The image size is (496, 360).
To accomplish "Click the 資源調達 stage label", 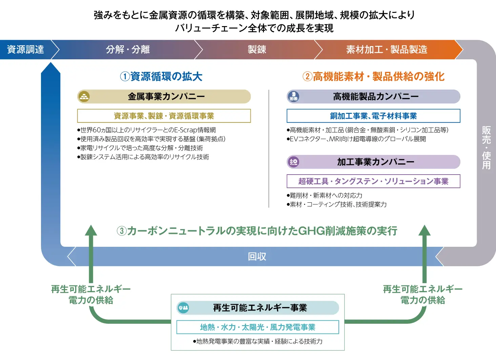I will pyautogui.click(x=25, y=49).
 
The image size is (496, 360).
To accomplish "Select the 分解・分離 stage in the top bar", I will pyautogui.click(x=128, y=49).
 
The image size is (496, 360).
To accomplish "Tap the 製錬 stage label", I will pyautogui.click(x=257, y=49).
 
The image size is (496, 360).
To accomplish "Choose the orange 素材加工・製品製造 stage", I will pyautogui.click(x=387, y=49).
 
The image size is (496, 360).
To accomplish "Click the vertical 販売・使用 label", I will pyautogui.click(x=486, y=148).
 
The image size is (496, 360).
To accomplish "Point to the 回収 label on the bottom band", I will pyautogui.click(x=257, y=257).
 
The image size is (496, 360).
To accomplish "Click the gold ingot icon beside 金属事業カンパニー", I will pyautogui.click(x=84, y=97).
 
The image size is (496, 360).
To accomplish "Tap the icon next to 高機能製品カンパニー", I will pyautogui.click(x=293, y=97).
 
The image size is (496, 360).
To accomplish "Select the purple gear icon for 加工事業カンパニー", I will pyautogui.click(x=293, y=162).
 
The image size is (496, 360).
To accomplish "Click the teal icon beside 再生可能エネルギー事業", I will pyautogui.click(x=183, y=308).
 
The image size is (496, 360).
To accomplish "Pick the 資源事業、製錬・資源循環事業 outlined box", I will pyautogui.click(x=164, y=116).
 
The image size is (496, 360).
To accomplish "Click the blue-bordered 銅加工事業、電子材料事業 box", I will pyautogui.click(x=373, y=116).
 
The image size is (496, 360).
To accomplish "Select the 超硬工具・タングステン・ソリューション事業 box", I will pyautogui.click(x=373, y=181).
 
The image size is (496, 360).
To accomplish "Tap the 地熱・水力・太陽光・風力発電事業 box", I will pyautogui.click(x=257, y=327).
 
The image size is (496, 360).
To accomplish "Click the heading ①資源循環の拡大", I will pyautogui.click(x=161, y=77).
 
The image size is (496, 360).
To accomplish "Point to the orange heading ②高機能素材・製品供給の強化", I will pyautogui.click(x=373, y=77).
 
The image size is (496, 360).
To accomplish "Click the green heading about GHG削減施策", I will pyautogui.click(x=257, y=231).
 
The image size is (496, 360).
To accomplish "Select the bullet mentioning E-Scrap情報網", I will pyautogui.click(x=146, y=130).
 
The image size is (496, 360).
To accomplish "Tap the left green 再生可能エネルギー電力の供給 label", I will pyautogui.click(x=91, y=295).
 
